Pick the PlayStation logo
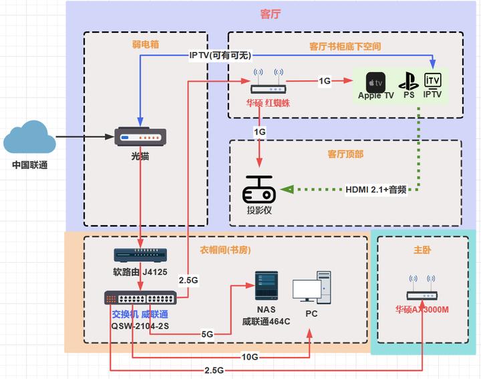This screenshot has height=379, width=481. point(408,83)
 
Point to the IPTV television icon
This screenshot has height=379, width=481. point(433,81)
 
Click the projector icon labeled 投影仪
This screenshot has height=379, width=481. point(260,191)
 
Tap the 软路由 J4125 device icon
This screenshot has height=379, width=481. point(138,255)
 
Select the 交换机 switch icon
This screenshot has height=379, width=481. point(140,298)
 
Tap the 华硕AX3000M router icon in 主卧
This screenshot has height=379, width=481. point(422,289)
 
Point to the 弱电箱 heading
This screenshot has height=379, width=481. point(145,45)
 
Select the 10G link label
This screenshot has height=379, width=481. point(250,358)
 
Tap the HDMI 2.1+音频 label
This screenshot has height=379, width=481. point(375,189)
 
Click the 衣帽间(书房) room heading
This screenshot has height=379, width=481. point(226,250)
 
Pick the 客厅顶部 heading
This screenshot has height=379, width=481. point(345,154)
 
